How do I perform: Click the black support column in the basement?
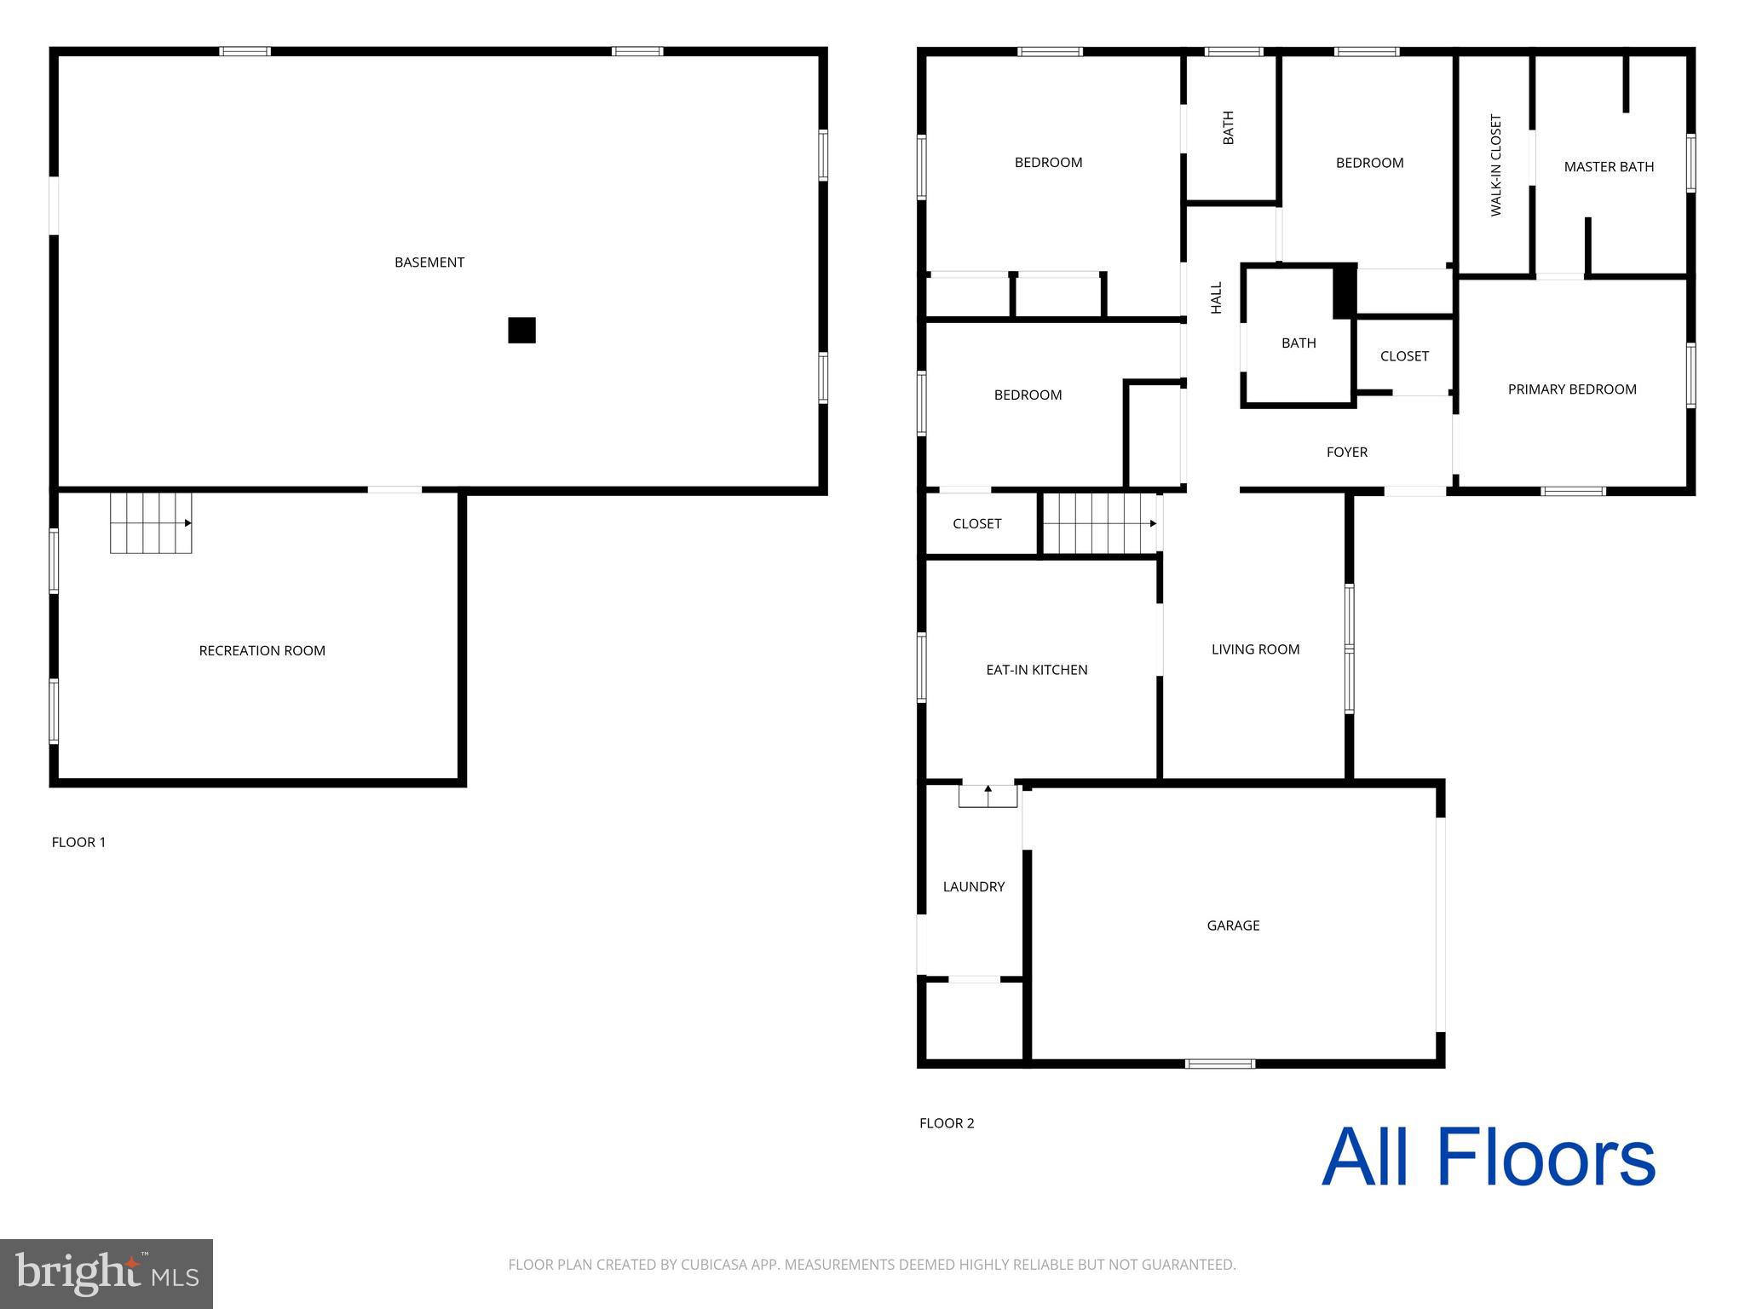coord(521,330)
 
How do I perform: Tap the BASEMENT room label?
coord(429,262)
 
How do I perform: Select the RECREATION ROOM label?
coord(262,651)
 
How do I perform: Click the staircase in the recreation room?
coord(151,522)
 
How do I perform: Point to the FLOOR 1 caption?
coord(78,842)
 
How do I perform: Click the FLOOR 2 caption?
coord(946,1123)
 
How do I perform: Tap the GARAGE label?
coord(1232,926)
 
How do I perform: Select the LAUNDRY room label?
coord(973,887)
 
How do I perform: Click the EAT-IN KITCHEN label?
coord(1036,670)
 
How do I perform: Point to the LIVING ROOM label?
coord(1255,649)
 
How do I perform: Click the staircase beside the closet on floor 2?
coord(1099,523)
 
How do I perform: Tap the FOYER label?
coord(1346,453)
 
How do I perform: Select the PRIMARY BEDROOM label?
coord(1571,389)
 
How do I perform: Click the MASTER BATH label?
coord(1608,167)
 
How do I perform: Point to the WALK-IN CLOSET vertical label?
coord(1495,165)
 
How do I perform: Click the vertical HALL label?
coord(1217,297)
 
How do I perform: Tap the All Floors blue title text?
coord(1488,1158)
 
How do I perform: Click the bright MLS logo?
coord(107,1274)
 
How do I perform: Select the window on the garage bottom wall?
coord(1219,1064)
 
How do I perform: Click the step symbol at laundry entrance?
coord(988,795)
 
